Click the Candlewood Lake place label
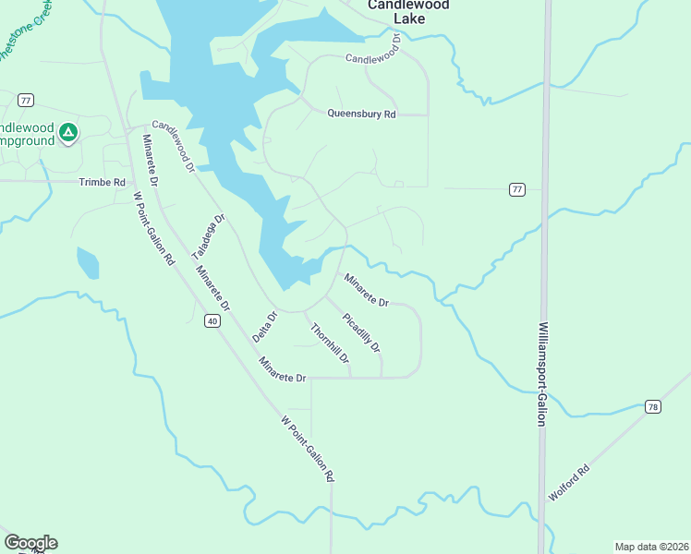(x=407, y=11)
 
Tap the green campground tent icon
(x=67, y=133)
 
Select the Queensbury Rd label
(x=361, y=114)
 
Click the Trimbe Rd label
(x=102, y=183)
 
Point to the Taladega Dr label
(x=208, y=236)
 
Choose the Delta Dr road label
(x=265, y=329)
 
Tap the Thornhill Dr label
(x=330, y=343)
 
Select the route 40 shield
(x=212, y=321)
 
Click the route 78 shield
(x=653, y=406)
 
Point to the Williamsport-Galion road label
(x=541, y=373)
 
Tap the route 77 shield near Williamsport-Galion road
(x=516, y=189)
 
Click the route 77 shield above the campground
(x=26, y=100)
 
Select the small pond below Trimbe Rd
(x=88, y=263)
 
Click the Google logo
(x=30, y=543)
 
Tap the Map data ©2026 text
(x=651, y=546)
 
